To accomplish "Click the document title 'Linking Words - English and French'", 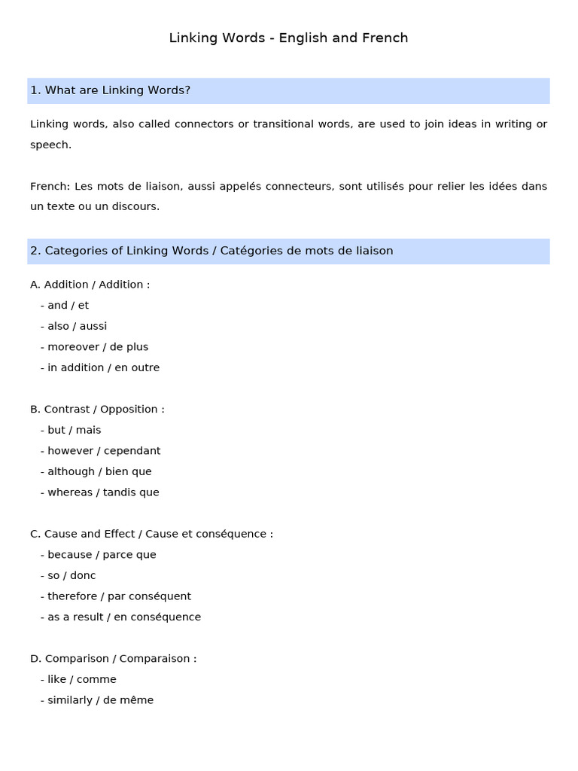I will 288,38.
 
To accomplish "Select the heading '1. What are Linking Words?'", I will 110,90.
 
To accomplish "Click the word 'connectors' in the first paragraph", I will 203,123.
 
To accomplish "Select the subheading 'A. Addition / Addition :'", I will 90,285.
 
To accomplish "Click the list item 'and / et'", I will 68,306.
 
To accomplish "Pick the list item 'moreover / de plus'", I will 98,347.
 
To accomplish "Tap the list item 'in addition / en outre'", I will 103,368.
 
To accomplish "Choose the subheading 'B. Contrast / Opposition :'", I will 97,410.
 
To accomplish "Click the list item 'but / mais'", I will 74,430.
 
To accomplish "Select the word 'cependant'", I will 132,451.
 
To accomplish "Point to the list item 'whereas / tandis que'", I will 103,492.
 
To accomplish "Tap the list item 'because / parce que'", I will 102,555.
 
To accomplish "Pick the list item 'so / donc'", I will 71,575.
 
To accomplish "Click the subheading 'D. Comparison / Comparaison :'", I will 113,659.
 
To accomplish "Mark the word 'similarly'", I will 70,700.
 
